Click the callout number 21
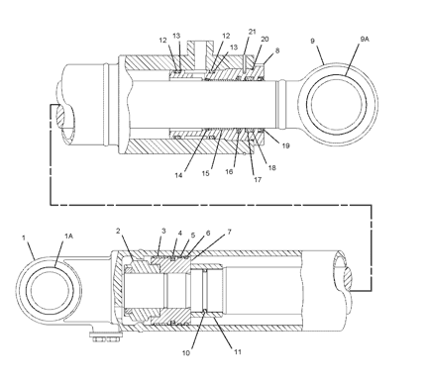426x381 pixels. point(252,32)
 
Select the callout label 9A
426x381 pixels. point(365,40)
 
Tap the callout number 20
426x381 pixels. point(265,39)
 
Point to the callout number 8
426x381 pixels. point(277,50)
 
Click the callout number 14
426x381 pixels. point(178,175)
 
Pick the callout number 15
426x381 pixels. point(206,173)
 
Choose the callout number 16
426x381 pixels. point(229,172)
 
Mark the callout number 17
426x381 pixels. point(258,179)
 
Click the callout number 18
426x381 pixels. point(271,167)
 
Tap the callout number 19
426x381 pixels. point(285,145)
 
